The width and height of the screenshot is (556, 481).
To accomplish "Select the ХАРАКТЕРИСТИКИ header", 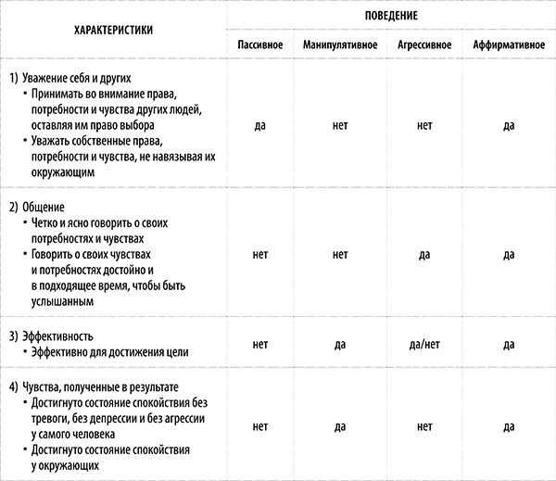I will tap(114, 30).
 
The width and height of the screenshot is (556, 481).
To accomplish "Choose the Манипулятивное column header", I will tap(339, 45).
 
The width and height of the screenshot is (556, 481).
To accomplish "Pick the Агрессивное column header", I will tap(424, 45).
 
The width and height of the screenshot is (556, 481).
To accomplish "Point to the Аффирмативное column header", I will tap(509, 45).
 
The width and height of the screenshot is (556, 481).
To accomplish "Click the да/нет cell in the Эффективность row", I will tap(424, 345).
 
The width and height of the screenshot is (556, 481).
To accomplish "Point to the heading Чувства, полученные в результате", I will tap(105, 386).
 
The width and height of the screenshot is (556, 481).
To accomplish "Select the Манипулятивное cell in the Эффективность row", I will tap(339, 345).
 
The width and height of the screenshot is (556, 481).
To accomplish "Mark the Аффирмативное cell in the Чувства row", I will tap(509, 427).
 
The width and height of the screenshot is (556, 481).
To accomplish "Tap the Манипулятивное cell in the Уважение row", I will tap(339, 125).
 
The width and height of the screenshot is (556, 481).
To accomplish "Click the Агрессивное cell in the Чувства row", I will tap(424, 427).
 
